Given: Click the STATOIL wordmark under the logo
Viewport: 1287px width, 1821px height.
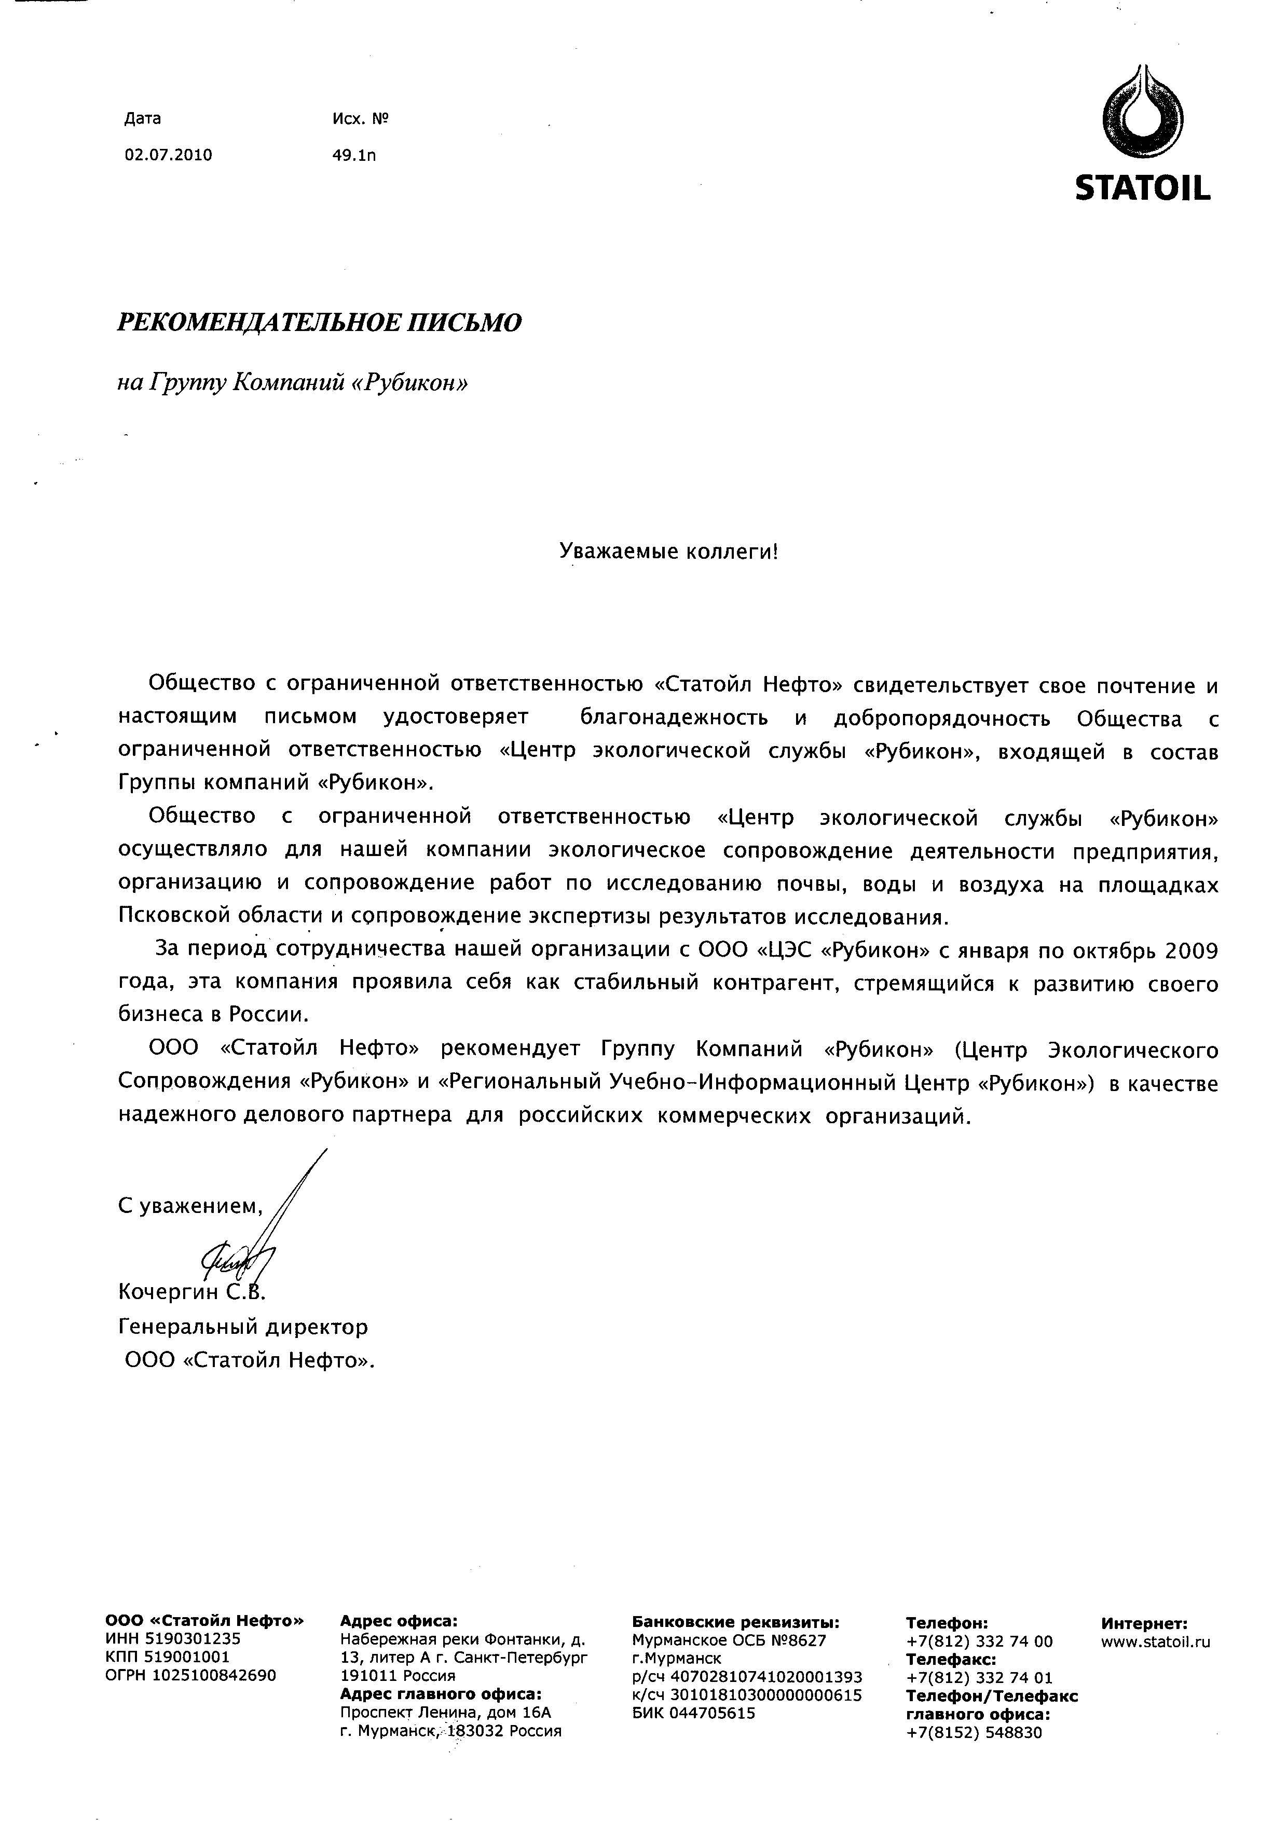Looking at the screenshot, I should tap(1143, 188).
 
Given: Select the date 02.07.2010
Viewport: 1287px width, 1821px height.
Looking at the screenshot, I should tap(168, 155).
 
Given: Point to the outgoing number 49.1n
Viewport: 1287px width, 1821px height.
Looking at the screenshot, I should tap(354, 155).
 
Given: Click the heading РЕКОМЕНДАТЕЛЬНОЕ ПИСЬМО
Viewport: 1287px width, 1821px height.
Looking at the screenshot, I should tap(319, 323).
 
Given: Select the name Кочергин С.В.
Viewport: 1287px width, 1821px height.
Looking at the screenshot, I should tap(190, 1292).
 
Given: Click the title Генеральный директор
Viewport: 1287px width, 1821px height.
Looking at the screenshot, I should tap(243, 1326).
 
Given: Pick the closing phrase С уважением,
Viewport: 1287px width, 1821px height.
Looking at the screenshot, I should tap(189, 1206).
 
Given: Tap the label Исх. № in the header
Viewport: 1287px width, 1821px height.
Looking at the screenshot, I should tap(360, 119).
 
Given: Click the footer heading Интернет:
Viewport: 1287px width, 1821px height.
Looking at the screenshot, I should tap(1144, 1623).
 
